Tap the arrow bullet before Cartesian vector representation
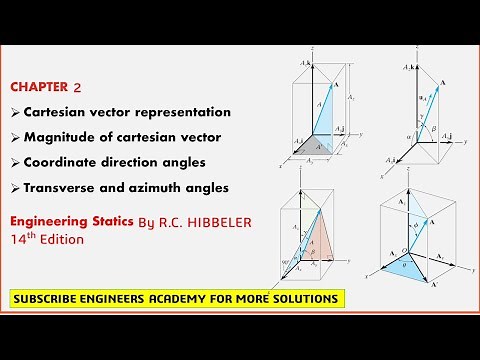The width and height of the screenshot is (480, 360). click(13, 112)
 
